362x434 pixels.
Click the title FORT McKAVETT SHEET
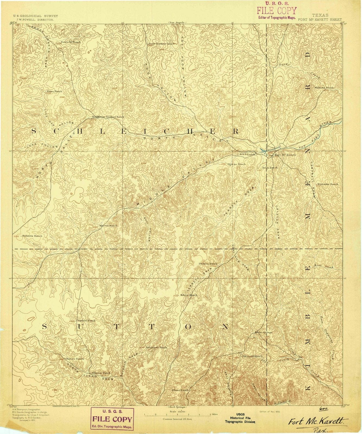click(x=320, y=20)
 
